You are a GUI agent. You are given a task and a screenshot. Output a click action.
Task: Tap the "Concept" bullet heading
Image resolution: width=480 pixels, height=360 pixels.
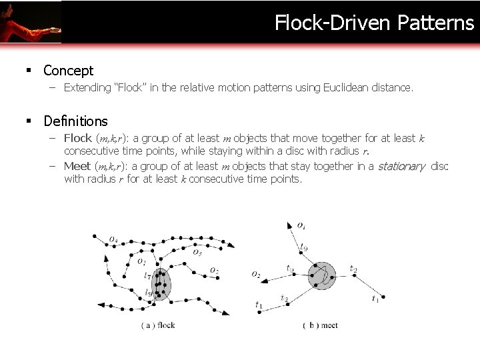pyautogui.click(x=68, y=70)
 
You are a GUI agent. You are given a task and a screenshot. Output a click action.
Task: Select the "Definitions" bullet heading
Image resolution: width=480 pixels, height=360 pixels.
pyautogui.click(x=75, y=121)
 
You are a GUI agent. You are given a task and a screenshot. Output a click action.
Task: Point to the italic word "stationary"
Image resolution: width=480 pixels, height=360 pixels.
pyautogui.click(x=401, y=167)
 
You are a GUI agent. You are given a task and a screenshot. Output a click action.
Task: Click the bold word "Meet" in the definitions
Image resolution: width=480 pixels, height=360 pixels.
pyautogui.click(x=77, y=167)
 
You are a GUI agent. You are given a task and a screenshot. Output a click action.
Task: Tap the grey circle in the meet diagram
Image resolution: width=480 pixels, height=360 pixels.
pyautogui.click(x=322, y=275)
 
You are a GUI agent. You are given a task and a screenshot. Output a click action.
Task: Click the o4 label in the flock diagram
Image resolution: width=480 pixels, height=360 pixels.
pyautogui.click(x=114, y=240)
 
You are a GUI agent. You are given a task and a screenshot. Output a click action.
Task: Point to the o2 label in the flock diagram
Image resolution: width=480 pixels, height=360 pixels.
pyautogui.click(x=214, y=270)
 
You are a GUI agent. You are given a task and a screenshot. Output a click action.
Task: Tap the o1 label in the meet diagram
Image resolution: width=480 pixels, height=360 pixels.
pyautogui.click(x=301, y=227)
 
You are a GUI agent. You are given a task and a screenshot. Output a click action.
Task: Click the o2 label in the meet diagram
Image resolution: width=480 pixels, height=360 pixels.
pyautogui.click(x=257, y=274)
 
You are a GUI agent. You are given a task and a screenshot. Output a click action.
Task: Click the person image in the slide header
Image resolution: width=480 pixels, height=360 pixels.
pyautogui.click(x=31, y=21)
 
